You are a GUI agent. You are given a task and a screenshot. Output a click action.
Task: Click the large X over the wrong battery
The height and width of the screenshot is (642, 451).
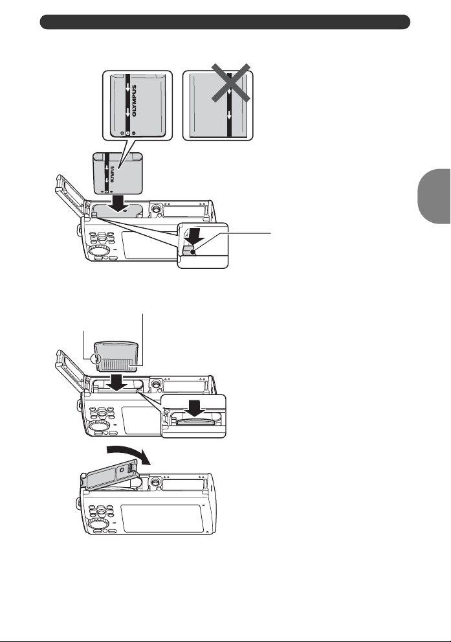[x=230, y=82]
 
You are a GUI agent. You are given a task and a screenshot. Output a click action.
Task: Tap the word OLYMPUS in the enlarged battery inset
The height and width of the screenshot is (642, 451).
[x=135, y=100]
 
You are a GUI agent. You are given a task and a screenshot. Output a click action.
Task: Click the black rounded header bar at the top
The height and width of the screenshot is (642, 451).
[x=225, y=21]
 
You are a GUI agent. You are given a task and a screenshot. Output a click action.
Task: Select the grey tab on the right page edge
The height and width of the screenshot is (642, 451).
[x=435, y=196]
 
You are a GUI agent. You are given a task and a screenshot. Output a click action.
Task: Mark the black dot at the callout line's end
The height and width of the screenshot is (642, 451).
[x=193, y=252]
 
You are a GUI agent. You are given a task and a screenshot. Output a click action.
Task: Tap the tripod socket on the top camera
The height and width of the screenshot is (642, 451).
[x=155, y=209]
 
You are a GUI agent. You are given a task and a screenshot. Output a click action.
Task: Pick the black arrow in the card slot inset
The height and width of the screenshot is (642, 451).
[x=196, y=409]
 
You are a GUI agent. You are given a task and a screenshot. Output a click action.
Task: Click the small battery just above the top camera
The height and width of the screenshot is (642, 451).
[x=117, y=173]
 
